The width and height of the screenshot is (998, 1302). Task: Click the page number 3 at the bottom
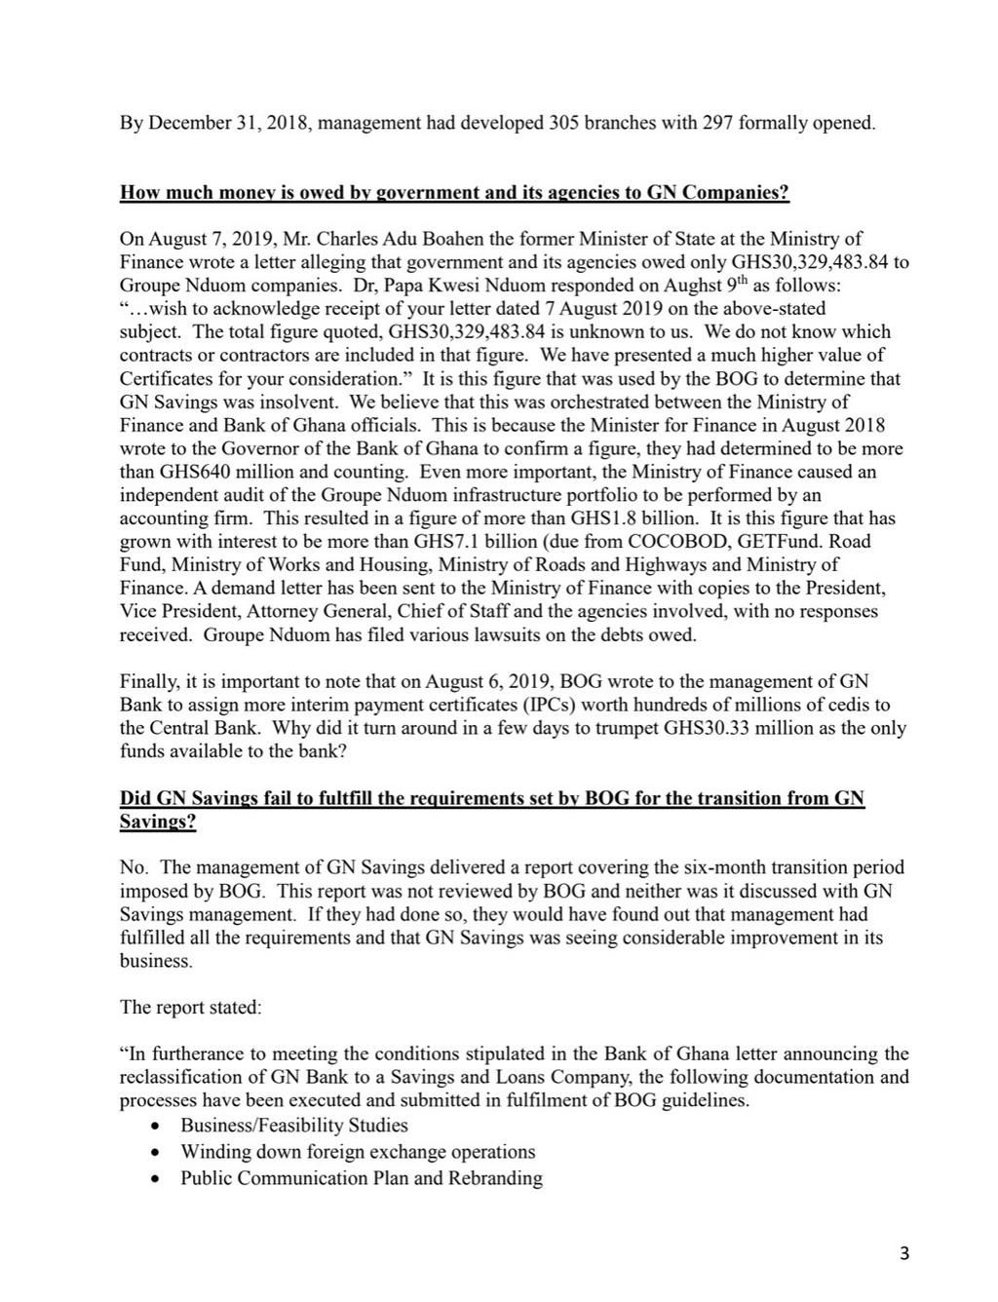click(904, 1253)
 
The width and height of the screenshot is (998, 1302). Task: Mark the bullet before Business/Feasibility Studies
click(157, 1126)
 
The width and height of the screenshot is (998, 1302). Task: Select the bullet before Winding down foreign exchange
click(157, 1152)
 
